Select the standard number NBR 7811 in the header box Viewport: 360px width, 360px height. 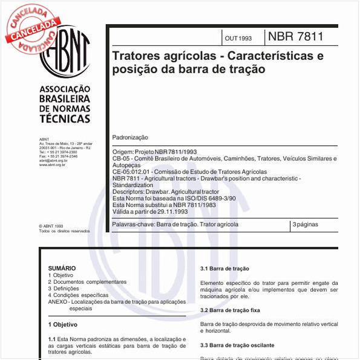[x=296, y=36]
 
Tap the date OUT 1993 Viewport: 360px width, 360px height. [x=238, y=38]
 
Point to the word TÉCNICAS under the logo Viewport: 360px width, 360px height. [x=65, y=120]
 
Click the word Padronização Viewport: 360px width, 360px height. [x=131, y=138]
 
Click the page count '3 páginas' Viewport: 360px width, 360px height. [x=305, y=224]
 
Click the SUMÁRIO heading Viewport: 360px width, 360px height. [x=62, y=268]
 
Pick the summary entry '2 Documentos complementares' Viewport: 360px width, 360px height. [x=87, y=282]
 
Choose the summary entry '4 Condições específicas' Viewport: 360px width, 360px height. [x=78, y=295]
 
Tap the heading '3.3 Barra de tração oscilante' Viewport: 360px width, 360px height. [x=237, y=345]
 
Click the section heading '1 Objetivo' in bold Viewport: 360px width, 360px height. [x=63, y=324]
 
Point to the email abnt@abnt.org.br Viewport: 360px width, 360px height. [x=53, y=160]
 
